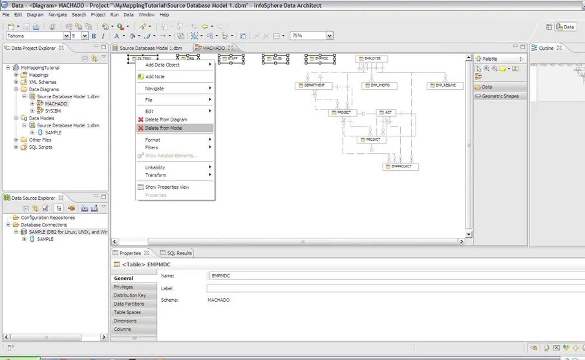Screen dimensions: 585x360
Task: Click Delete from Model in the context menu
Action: [164, 128]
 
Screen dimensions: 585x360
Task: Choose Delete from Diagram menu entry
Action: [165, 120]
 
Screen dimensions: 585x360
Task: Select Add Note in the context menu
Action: [154, 77]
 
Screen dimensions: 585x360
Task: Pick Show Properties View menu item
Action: [167, 187]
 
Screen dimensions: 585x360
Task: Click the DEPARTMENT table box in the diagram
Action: [314, 85]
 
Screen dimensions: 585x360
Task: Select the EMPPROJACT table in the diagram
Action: [401, 166]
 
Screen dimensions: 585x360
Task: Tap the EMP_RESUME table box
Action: [445, 85]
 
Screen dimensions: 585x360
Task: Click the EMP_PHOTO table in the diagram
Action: [379, 85]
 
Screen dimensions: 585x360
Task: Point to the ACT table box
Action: [386, 112]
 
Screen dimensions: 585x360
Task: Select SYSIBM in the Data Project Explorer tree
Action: [53, 111]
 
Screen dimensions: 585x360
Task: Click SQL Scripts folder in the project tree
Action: [40, 147]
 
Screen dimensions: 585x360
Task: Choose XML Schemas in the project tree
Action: [43, 82]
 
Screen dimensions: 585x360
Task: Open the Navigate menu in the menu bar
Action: [58, 14]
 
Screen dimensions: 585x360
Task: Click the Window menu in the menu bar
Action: [146, 14]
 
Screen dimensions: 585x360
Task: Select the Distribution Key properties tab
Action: [130, 295]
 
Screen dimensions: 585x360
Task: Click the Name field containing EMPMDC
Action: [388, 276]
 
